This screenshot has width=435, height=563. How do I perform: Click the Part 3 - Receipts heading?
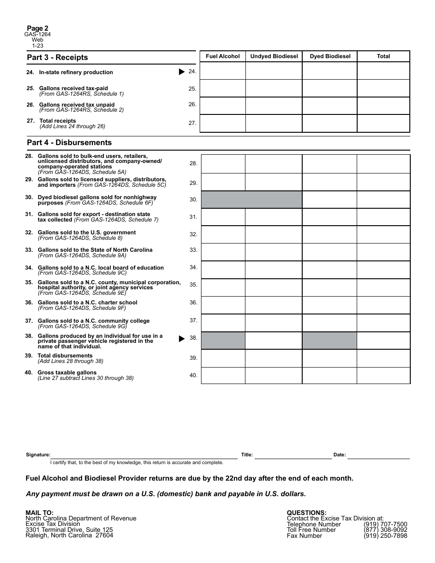[57, 57]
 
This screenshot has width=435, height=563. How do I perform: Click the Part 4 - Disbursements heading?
[69, 142]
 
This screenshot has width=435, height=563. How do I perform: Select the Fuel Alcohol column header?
[223, 56]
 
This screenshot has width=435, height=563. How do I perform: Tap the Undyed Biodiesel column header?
[274, 56]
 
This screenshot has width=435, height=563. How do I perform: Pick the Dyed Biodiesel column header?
[330, 56]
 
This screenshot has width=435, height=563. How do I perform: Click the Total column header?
[383, 56]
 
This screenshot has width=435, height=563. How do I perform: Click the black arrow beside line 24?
[182, 72]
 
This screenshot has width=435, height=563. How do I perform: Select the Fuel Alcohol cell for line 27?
[223, 123]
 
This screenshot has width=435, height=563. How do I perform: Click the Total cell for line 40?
[383, 375]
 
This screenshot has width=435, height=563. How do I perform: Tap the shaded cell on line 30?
[251, 200]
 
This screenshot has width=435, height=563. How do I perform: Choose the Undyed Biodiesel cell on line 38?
[273, 341]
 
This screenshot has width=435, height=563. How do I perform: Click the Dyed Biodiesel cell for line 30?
[329, 200]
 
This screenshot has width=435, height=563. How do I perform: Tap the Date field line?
[378, 455]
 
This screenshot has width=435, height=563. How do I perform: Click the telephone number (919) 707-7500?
[385, 525]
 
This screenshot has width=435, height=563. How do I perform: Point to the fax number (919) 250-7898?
[385, 536]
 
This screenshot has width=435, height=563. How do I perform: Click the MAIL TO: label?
[39, 513]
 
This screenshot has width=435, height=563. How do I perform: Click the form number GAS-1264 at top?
[38, 34]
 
